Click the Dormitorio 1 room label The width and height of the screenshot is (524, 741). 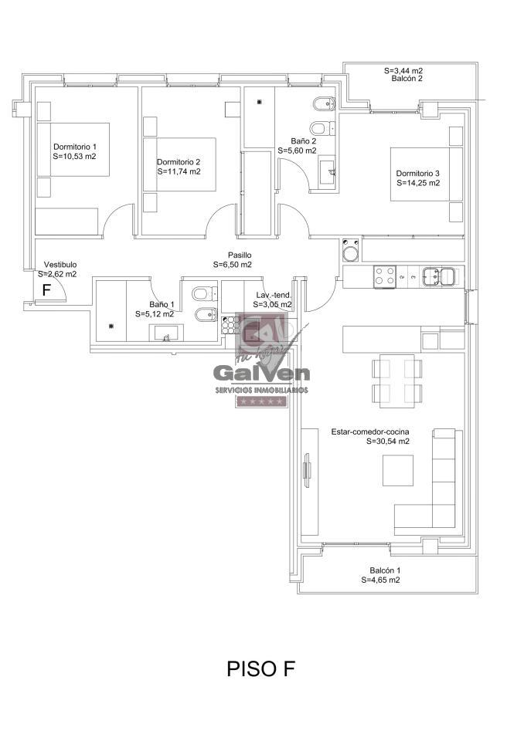[x=75, y=147]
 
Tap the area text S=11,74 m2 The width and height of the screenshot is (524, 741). [x=179, y=171]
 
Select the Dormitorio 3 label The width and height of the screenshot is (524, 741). [x=418, y=174]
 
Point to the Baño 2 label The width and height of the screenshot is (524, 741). [x=304, y=140]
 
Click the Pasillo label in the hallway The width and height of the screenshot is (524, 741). [x=240, y=255]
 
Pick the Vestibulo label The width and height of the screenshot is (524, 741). [x=60, y=265]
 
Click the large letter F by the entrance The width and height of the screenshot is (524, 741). [x=46, y=289]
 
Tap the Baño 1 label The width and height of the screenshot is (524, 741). [x=162, y=304]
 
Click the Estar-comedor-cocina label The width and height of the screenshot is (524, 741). [x=370, y=431]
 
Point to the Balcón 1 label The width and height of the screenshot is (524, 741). [x=385, y=570]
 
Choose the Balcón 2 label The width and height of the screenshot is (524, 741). [x=407, y=79]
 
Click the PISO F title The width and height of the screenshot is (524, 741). [x=261, y=668]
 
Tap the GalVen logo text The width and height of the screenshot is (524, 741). [x=262, y=373]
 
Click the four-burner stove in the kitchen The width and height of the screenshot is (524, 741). [x=384, y=276]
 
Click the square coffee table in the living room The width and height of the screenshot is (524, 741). [x=397, y=471]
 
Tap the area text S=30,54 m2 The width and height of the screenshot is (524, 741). [x=388, y=442]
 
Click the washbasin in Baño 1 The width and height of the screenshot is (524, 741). [x=166, y=333]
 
